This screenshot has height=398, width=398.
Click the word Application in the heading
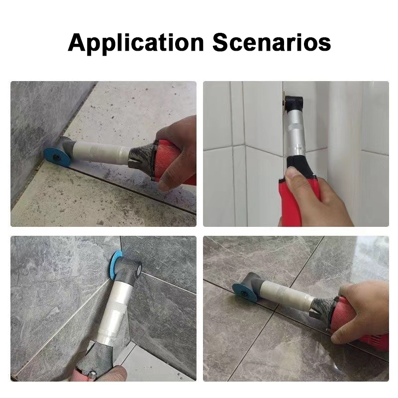click(x=136, y=44)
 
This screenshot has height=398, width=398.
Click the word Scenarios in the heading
click(x=272, y=42)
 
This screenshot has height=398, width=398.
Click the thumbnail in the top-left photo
click(x=166, y=183)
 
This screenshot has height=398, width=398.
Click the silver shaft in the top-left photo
click(x=101, y=152)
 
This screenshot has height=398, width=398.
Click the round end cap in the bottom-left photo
click(x=138, y=269)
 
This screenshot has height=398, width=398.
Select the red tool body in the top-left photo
click(x=175, y=163)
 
